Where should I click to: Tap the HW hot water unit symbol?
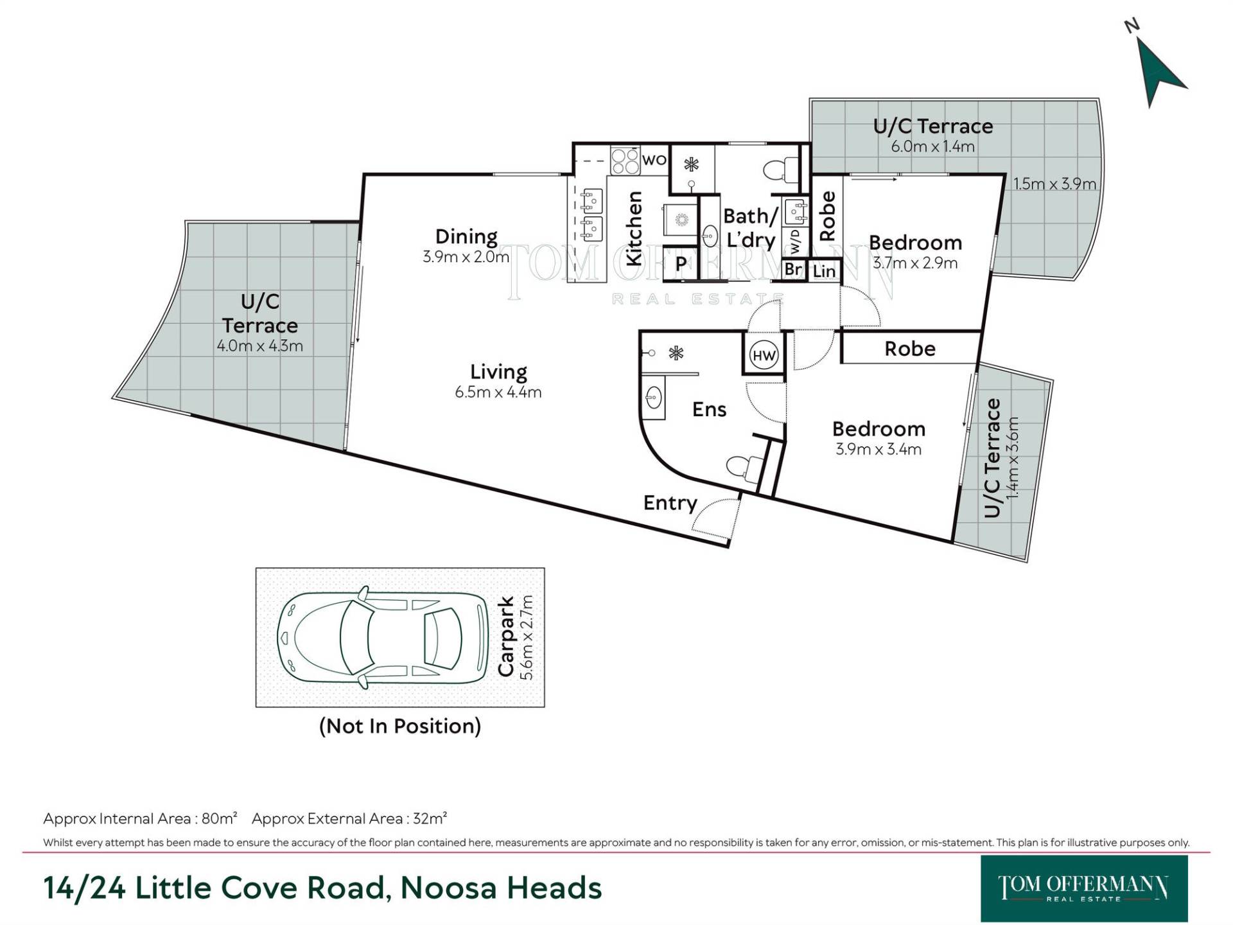pos(764,355)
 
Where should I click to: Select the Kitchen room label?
pos(634,229)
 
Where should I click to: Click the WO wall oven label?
pos(654,160)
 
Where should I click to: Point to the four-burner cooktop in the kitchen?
pos(624,161)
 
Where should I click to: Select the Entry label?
pos(670,503)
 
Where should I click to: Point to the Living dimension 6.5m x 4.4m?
pos(498,392)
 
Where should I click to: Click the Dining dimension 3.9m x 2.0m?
pos(466,257)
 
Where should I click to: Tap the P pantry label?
pos(681,264)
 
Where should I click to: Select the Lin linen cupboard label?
pos(824,272)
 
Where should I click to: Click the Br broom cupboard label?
pos(794,269)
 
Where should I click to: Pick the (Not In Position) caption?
pos(400,726)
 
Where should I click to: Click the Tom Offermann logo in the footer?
pos(1084,888)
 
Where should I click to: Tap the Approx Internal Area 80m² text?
pos(140,818)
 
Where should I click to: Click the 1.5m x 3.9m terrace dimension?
pos(1054,184)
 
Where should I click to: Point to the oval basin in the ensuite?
pos(653,398)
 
